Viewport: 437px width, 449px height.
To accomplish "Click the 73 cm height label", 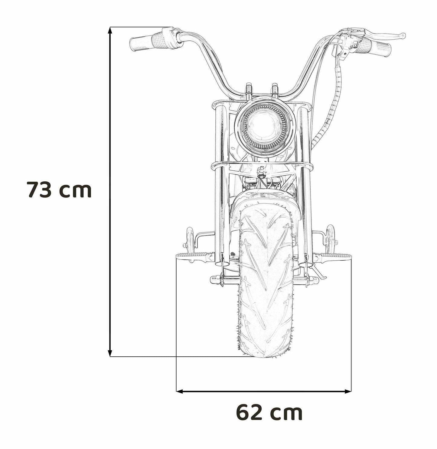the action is (x=59, y=190).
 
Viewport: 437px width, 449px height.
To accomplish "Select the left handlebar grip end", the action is (x=133, y=44).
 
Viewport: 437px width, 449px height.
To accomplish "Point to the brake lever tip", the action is (x=403, y=35).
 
